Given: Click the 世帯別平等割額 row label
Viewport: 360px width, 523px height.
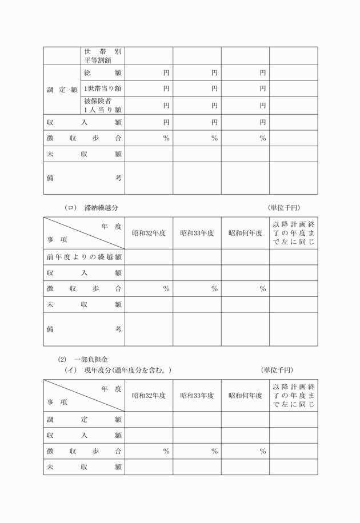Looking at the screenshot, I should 103,55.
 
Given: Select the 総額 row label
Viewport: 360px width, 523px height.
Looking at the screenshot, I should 103,73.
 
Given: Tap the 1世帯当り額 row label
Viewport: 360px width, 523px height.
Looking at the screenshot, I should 103,88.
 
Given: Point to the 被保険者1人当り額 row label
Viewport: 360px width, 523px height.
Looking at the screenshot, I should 103,105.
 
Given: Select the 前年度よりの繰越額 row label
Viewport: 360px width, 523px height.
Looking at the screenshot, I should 84,257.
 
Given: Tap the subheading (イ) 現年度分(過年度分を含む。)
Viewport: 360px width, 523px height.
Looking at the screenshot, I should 118,371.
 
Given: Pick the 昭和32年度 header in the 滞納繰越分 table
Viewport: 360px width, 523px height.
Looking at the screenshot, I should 149,233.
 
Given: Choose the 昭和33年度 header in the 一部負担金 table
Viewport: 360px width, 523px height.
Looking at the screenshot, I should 197,395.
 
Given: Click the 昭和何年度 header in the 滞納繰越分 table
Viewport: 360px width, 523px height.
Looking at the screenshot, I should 245,233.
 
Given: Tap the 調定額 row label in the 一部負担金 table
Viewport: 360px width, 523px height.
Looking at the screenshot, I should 84,420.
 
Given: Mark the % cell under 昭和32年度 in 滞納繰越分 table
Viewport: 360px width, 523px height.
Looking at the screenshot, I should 166,289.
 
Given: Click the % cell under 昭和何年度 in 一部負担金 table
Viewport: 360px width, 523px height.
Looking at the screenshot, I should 263,452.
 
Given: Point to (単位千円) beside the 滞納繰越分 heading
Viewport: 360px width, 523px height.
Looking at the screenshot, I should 283,207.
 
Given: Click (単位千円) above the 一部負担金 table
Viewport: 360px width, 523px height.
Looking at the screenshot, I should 278,371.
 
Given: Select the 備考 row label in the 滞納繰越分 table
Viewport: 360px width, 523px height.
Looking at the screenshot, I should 84,329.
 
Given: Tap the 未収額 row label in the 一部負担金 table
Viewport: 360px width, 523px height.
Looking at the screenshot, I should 84,467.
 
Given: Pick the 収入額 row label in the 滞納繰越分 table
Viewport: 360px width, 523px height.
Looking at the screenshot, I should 84,273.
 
